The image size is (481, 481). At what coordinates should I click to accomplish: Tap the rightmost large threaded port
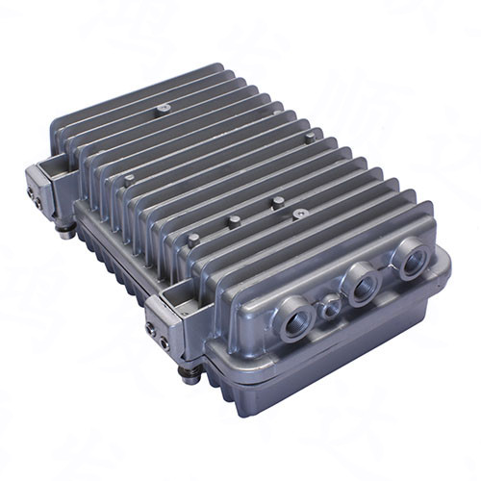tap(413, 259)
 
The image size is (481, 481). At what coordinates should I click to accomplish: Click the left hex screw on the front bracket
tap(152, 328)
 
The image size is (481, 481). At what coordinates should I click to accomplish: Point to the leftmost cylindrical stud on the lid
tap(129, 179)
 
